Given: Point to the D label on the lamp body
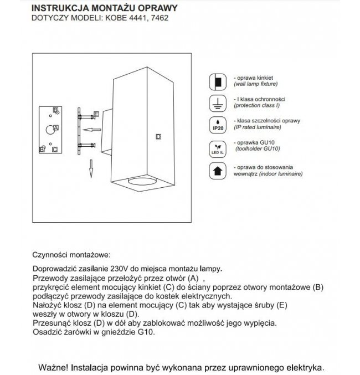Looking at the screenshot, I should pos(158,136).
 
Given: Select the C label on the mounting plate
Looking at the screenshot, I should pos(54,148).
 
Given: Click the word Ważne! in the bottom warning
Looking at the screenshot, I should pos(53,367).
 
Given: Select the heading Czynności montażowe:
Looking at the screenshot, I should pos(72,256).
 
